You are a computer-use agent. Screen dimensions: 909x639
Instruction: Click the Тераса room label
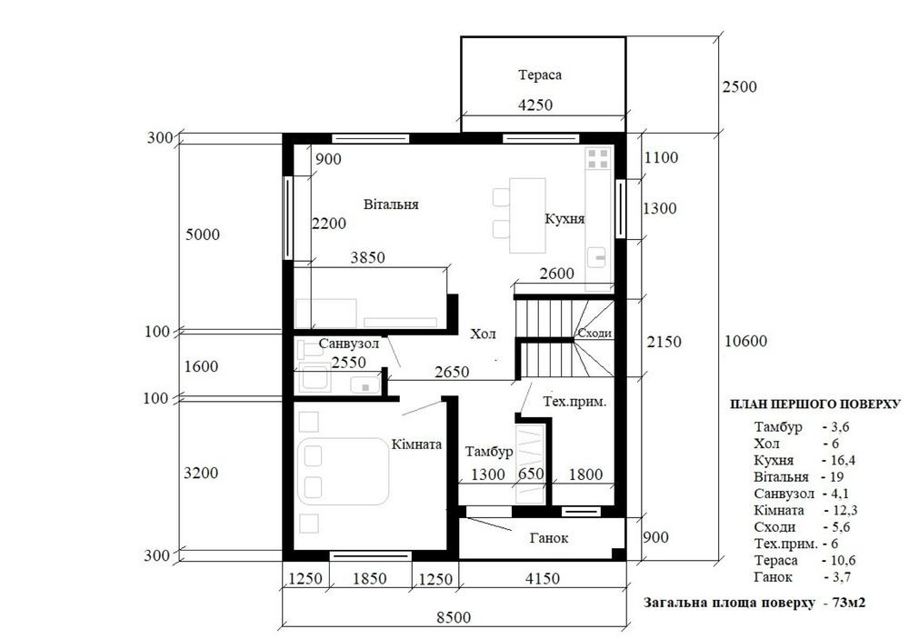[x=540, y=75]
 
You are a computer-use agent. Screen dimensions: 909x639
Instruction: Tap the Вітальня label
[x=391, y=205]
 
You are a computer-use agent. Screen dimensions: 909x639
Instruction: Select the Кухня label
[x=564, y=218]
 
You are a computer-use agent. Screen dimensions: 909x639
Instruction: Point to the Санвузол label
[x=349, y=344]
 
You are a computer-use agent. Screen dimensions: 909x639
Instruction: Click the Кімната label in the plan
[x=416, y=444]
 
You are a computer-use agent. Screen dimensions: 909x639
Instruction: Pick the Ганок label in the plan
[x=549, y=538]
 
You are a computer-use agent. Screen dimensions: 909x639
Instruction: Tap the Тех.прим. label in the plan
[x=574, y=402]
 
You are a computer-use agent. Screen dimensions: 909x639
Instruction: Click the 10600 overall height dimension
[x=745, y=341]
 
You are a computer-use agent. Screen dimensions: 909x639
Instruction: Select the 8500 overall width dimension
[x=454, y=617]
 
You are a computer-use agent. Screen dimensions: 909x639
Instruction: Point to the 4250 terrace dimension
[x=535, y=105]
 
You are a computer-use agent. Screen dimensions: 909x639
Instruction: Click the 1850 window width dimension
[x=369, y=578]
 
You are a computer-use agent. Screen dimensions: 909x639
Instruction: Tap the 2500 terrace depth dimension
[x=740, y=86]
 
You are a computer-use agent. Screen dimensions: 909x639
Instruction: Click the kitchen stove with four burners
[x=598, y=158]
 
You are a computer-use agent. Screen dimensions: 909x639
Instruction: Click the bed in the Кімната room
[x=343, y=472]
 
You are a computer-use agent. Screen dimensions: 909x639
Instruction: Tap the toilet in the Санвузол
[x=307, y=350]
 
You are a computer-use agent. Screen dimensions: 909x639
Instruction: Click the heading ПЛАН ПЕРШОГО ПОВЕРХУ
[x=815, y=404]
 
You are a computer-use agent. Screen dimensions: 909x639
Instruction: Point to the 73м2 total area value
[x=848, y=603]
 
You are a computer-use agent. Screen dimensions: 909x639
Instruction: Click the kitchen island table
[x=527, y=215]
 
